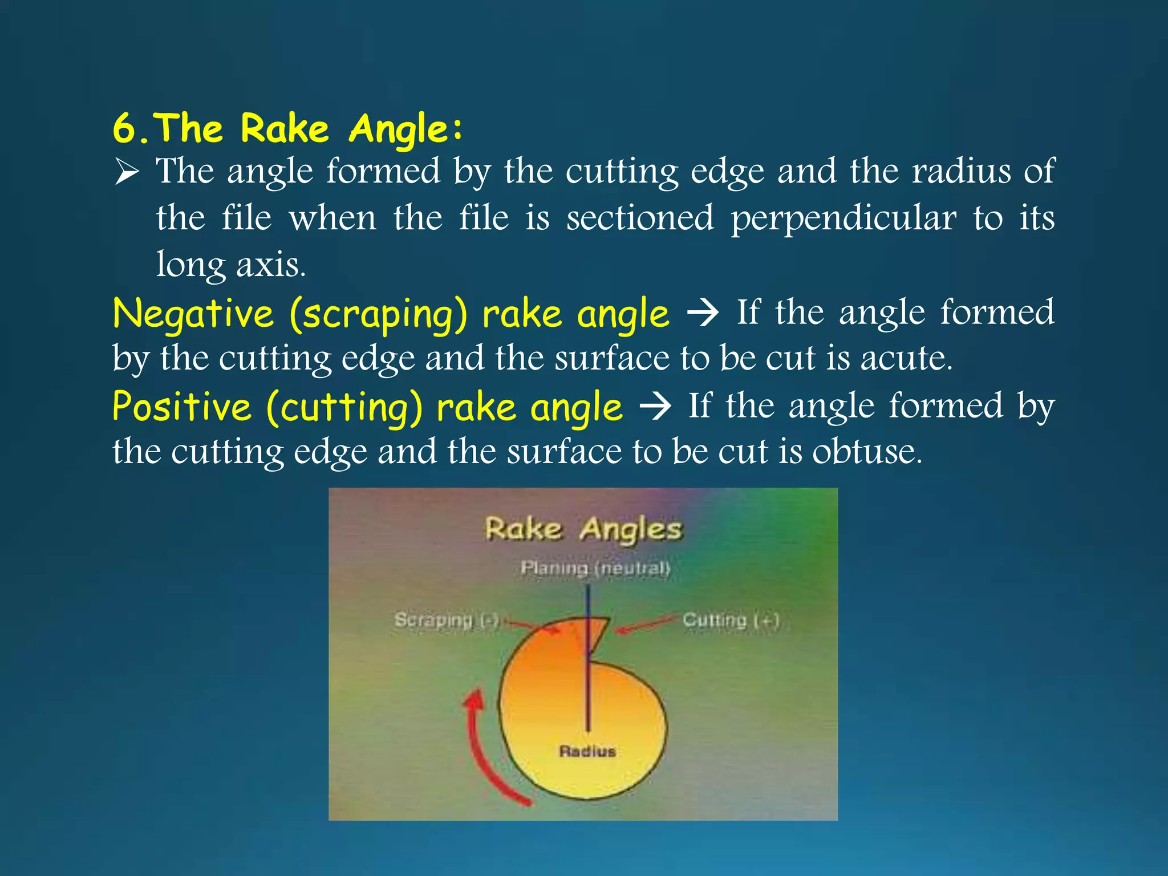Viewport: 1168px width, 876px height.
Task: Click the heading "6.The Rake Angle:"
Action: pyautogui.click(x=288, y=128)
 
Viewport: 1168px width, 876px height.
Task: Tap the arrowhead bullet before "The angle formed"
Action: pyautogui.click(x=127, y=172)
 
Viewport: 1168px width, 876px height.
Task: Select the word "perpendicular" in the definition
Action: pyautogui.click(x=843, y=218)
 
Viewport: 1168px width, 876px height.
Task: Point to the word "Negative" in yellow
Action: pyautogui.click(x=193, y=314)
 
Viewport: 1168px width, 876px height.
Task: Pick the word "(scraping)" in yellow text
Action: pyautogui.click(x=378, y=314)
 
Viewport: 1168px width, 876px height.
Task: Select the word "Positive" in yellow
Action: pyautogui.click(x=182, y=407)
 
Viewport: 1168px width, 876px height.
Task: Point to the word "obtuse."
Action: pyautogui.click(x=867, y=452)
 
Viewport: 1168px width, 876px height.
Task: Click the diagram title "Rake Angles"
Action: pyautogui.click(x=583, y=528)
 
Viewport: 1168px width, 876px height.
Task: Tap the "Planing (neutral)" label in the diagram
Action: pyautogui.click(x=595, y=568)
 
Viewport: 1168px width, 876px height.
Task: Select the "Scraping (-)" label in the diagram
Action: pyautogui.click(x=447, y=620)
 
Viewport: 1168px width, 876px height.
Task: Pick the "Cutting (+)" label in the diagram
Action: pyautogui.click(x=731, y=620)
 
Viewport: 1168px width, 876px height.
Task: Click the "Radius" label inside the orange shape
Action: pyautogui.click(x=587, y=751)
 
